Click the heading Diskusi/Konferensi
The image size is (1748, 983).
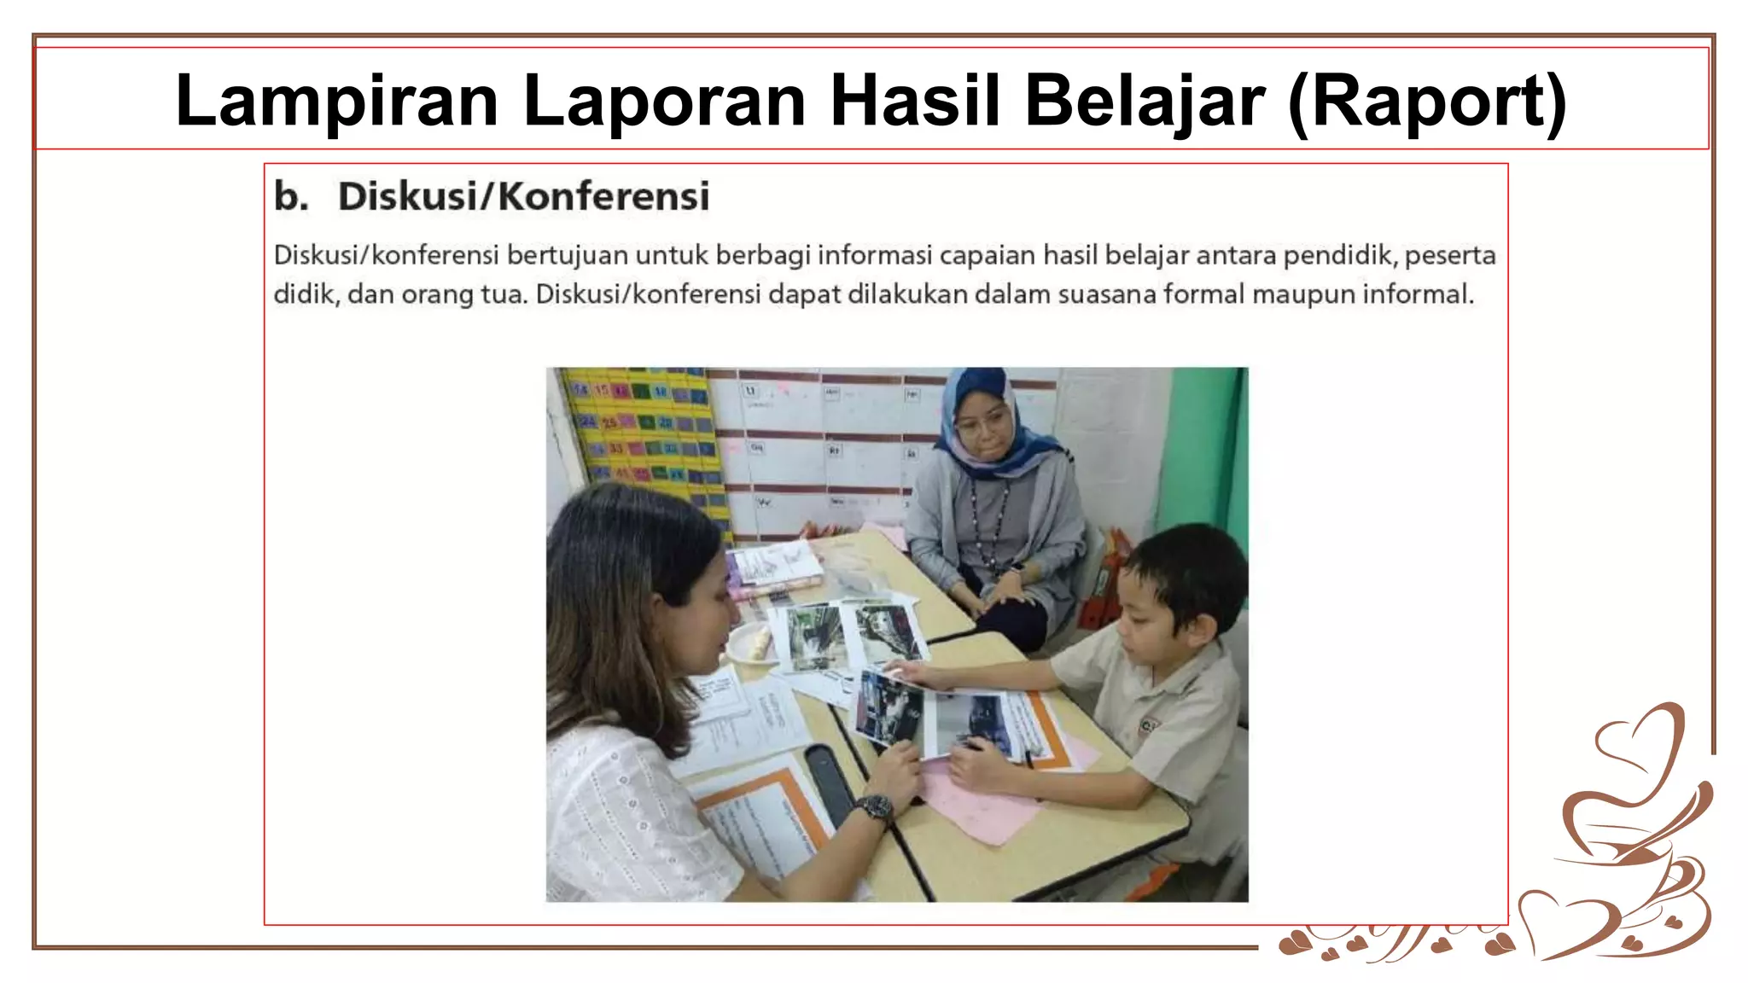point(523,196)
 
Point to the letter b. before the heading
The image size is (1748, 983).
point(291,196)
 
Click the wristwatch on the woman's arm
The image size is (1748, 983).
point(874,806)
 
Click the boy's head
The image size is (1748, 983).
point(1182,580)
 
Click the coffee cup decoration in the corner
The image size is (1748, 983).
point(1622,836)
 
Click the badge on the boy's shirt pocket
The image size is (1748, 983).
point(1149,725)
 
